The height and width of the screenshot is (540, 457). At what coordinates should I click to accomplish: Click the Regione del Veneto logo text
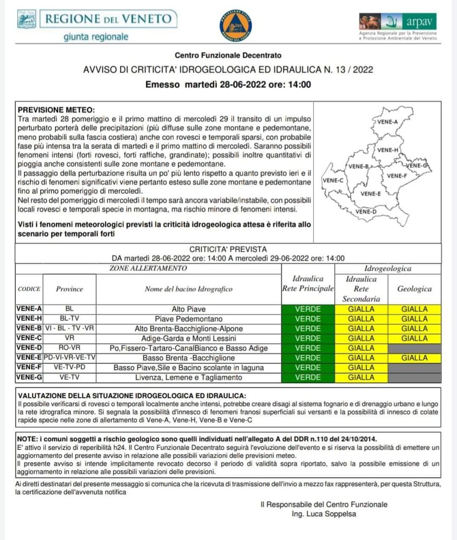coord(109,19)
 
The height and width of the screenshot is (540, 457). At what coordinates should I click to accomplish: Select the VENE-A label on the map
coord(388,122)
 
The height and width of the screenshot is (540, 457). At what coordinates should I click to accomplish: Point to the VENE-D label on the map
coord(366,211)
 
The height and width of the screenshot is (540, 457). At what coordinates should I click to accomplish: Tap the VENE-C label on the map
coord(333,180)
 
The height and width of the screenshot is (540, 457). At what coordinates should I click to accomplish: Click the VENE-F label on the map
coord(396,176)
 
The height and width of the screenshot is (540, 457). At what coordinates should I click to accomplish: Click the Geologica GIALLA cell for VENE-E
coord(414,358)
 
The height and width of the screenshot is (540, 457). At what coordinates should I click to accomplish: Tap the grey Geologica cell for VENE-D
coord(414,348)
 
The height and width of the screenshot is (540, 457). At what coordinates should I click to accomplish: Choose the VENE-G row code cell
coord(29,378)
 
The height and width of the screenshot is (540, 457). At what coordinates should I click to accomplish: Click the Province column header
coord(70,289)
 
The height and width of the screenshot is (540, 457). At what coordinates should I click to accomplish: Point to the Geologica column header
coord(414,289)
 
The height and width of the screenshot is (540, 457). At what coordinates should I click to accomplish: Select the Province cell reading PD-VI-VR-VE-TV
coord(70,358)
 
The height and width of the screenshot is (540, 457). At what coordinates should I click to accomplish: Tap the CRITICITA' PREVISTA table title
coord(228,249)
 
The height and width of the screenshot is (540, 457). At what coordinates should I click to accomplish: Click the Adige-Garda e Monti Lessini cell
coord(189,339)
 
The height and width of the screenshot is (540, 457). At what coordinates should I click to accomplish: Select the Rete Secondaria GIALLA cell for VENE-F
coord(361,368)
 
